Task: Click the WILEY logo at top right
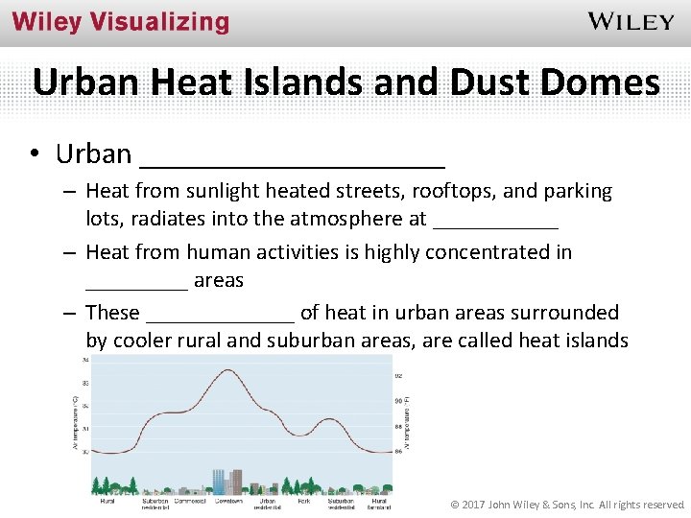click(631, 21)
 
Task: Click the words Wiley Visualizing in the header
click(121, 23)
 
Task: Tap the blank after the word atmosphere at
click(495, 220)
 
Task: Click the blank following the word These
click(220, 314)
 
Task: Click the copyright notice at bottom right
click(568, 505)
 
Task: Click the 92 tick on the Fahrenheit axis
click(398, 375)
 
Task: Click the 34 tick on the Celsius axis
click(85, 361)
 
